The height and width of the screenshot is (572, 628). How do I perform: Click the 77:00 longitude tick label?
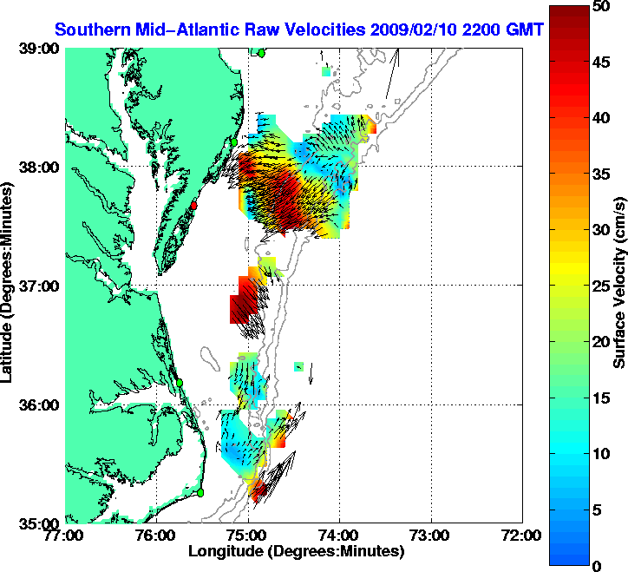tap(65, 536)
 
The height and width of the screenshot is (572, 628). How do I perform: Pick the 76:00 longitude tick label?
tap(156, 536)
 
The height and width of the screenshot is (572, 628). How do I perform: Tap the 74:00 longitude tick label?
tap(339, 536)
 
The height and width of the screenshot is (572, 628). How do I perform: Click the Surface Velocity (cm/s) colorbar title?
tap(620, 286)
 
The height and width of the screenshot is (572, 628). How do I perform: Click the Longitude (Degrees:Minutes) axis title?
tap(296, 551)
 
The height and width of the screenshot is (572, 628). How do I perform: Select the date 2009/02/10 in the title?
tap(415, 30)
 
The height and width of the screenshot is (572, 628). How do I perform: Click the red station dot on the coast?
tap(195, 206)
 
